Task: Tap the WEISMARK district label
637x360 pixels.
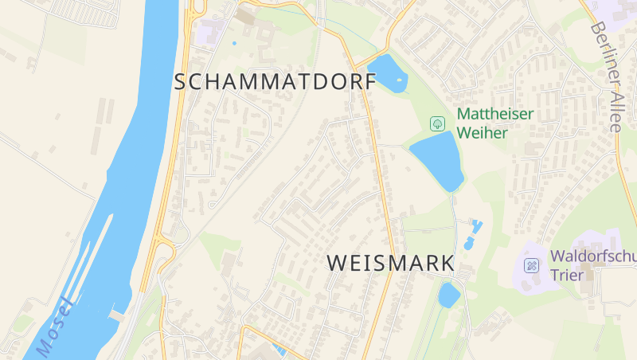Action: (x=390, y=263)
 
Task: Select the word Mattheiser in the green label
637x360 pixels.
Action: (x=494, y=114)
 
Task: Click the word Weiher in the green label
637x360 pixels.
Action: (x=482, y=132)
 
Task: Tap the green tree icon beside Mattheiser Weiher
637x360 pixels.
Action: (x=436, y=123)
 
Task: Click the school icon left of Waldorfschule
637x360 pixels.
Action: (x=530, y=264)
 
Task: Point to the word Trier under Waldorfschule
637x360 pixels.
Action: (x=567, y=276)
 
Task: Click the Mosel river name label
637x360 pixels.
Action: (x=54, y=327)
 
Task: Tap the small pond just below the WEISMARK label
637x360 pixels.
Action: (x=449, y=295)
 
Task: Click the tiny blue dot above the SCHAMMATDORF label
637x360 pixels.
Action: (x=234, y=43)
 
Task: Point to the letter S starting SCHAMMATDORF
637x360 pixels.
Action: (x=180, y=81)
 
